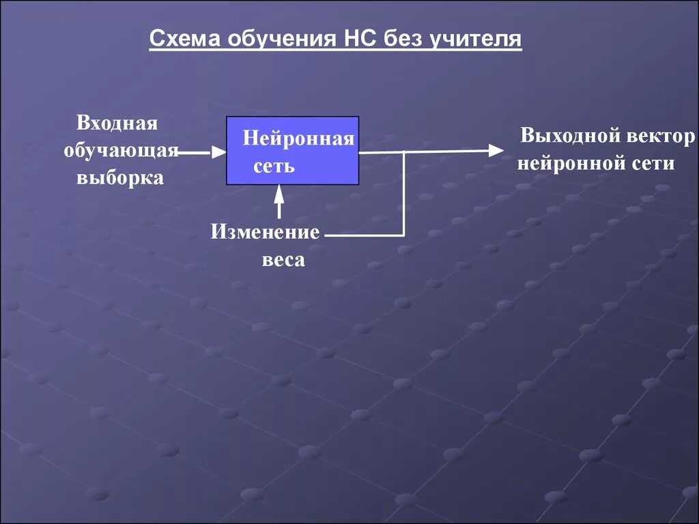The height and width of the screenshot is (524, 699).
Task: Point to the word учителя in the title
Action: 475,39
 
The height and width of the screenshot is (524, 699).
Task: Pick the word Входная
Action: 117,123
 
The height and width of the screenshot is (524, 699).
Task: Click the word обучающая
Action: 121,151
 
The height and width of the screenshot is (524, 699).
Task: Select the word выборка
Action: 119,178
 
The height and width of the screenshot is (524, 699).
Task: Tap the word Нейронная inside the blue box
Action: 298,139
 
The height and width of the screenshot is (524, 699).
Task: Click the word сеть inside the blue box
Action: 274,166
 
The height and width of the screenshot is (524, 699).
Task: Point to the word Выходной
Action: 570,136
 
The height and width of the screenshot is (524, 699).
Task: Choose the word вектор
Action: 661,136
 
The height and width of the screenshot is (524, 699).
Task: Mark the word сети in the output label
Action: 653,164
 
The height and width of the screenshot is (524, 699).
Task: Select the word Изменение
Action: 265,232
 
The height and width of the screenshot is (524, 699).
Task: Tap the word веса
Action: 283,260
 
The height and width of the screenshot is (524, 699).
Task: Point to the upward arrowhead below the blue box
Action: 279,193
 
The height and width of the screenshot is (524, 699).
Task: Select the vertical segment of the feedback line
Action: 404,194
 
